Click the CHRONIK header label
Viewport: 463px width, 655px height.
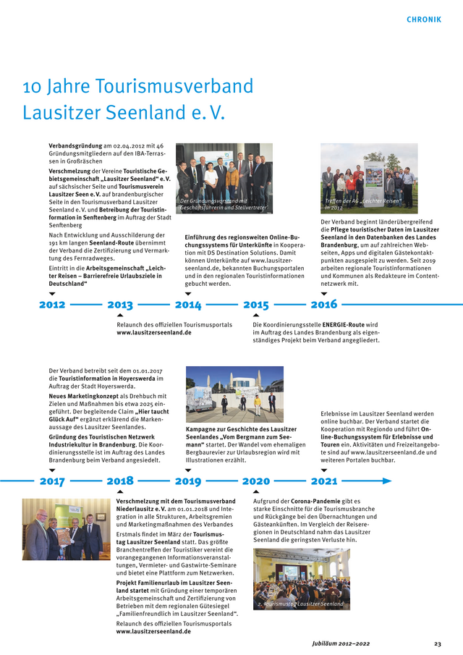coord(423,20)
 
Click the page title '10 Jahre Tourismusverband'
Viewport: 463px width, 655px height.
coord(138,87)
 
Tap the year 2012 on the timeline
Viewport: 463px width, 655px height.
coord(52,305)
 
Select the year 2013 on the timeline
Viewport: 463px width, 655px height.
coord(120,305)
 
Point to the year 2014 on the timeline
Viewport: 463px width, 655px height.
coord(188,305)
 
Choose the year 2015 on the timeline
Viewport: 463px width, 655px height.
coord(256,305)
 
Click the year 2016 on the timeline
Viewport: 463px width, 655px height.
coord(323,305)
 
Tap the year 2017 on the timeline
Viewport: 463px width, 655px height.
coord(52,481)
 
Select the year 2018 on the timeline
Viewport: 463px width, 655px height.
coord(120,481)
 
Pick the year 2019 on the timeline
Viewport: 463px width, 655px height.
coord(188,481)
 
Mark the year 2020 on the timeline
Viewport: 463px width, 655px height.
coord(256,481)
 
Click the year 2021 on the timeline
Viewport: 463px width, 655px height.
coord(323,481)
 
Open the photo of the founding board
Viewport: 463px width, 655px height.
coord(224,178)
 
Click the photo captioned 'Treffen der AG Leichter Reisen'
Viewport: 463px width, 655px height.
coord(369,178)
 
